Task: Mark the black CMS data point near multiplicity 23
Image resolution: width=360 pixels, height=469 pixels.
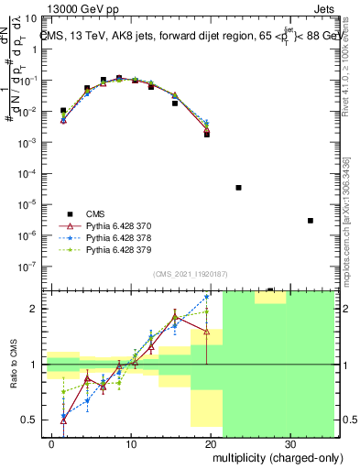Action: click(238, 187)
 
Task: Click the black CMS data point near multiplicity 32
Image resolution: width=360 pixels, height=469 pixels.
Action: click(311, 220)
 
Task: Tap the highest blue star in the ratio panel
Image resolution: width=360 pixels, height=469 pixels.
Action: click(207, 297)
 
